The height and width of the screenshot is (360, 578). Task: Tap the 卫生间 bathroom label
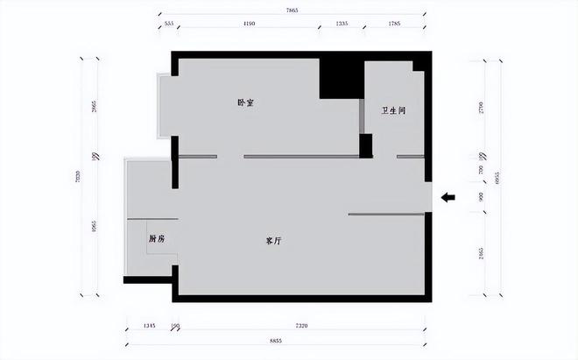[393, 111]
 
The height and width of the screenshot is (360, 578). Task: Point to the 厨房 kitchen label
[158, 238]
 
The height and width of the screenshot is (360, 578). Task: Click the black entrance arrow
[448, 198]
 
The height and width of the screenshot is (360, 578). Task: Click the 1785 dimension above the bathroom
[396, 25]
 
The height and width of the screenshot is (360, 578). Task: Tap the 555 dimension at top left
[169, 25]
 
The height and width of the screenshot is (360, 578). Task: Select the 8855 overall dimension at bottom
[278, 339]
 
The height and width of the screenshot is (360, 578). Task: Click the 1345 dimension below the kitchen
[149, 325]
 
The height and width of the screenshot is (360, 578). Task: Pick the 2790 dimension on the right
[481, 108]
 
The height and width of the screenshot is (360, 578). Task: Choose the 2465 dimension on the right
[481, 254]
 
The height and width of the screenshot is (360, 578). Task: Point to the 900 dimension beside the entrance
[481, 197]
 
